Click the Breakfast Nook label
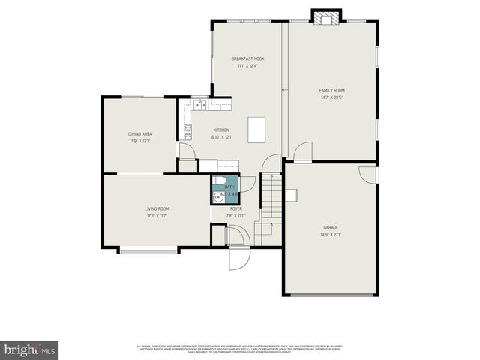(247, 58)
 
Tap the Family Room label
(331, 90)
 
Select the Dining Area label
(140, 134)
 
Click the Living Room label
(157, 208)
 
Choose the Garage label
(331, 226)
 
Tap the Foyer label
(235, 208)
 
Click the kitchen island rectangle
(257, 130)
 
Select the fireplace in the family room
(326, 16)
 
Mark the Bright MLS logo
(29, 349)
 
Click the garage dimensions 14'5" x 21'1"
(331, 234)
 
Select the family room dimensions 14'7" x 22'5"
(331, 97)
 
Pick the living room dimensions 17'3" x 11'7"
(157, 216)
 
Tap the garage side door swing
(369, 174)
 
